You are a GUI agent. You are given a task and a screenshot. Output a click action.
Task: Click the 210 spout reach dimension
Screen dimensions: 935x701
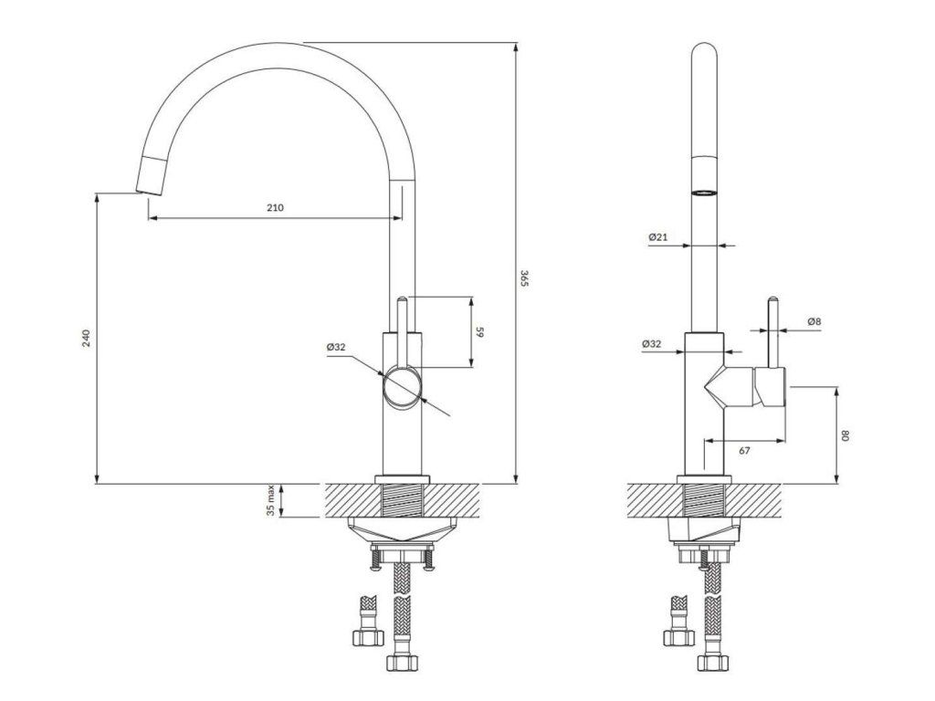tap(275, 207)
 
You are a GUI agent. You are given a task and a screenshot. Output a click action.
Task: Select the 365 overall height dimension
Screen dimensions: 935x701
tap(524, 278)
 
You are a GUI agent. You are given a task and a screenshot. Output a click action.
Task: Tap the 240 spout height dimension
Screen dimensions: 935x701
tap(86, 338)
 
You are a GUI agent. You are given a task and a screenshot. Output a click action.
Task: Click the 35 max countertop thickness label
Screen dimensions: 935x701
tap(270, 500)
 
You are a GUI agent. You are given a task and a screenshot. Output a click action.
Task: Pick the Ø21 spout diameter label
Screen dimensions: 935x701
tap(658, 236)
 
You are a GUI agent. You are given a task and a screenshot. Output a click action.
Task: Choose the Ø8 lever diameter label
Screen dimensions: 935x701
tap(814, 321)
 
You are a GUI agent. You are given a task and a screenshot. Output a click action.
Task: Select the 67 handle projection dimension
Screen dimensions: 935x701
tap(745, 451)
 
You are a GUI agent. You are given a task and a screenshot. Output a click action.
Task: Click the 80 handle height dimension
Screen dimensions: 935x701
tap(845, 435)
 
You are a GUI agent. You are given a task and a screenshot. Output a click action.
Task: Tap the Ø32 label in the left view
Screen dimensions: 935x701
tap(336, 347)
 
